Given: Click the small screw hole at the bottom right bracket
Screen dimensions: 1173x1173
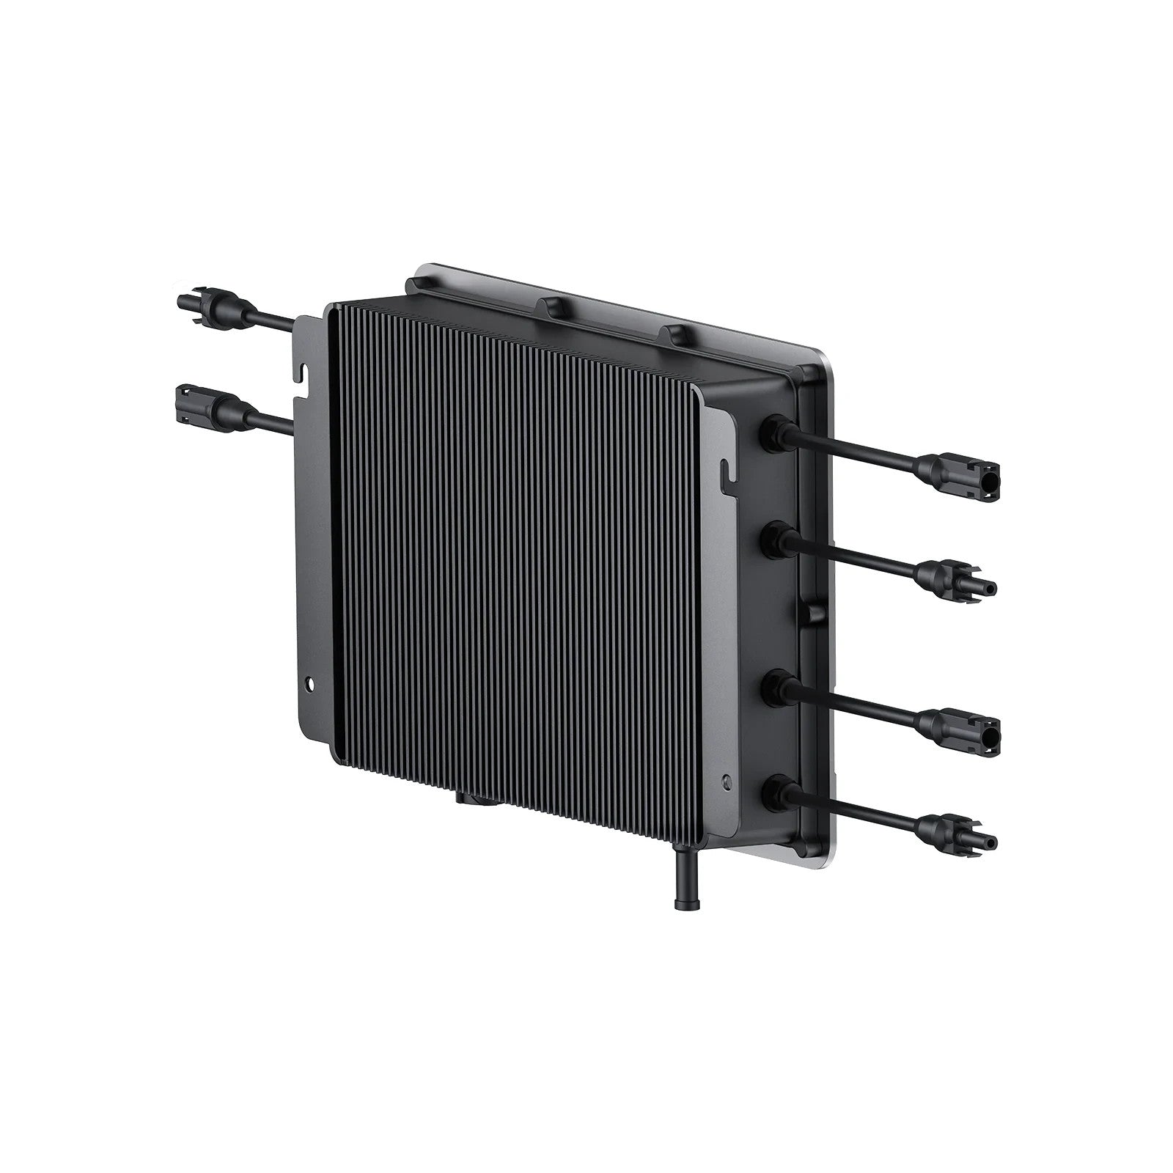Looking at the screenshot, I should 727,781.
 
